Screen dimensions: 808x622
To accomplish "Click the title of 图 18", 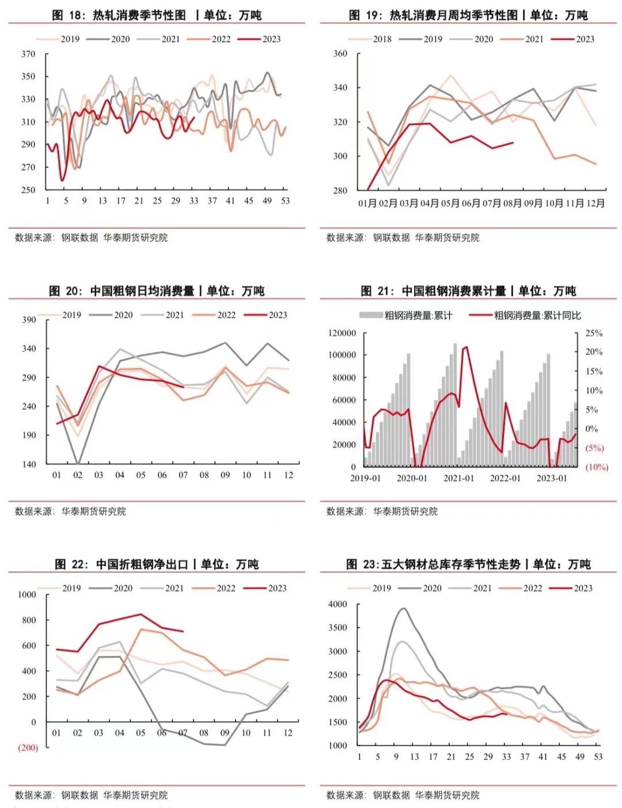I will coord(157,15).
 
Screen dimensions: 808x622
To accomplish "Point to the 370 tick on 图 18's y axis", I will coord(28,54).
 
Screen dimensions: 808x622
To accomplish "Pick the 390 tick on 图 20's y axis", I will coord(29,320).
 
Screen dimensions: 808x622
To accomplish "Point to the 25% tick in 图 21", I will coord(594,333).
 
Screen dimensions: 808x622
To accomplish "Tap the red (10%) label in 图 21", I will coord(597,467).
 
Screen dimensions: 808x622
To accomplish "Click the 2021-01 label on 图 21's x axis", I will coord(458,479).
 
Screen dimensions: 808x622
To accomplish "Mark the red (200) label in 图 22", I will coord(28,748).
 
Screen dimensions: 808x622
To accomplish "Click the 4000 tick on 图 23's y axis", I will coord(337,605).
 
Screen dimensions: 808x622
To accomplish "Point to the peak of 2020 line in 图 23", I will coord(403,609).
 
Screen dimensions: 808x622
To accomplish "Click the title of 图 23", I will coord(468,564).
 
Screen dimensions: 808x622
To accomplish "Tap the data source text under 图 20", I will coord(70,511).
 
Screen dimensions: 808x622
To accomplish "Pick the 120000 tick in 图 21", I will coord(342,333).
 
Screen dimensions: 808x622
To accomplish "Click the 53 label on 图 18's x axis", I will coord(285,201).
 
